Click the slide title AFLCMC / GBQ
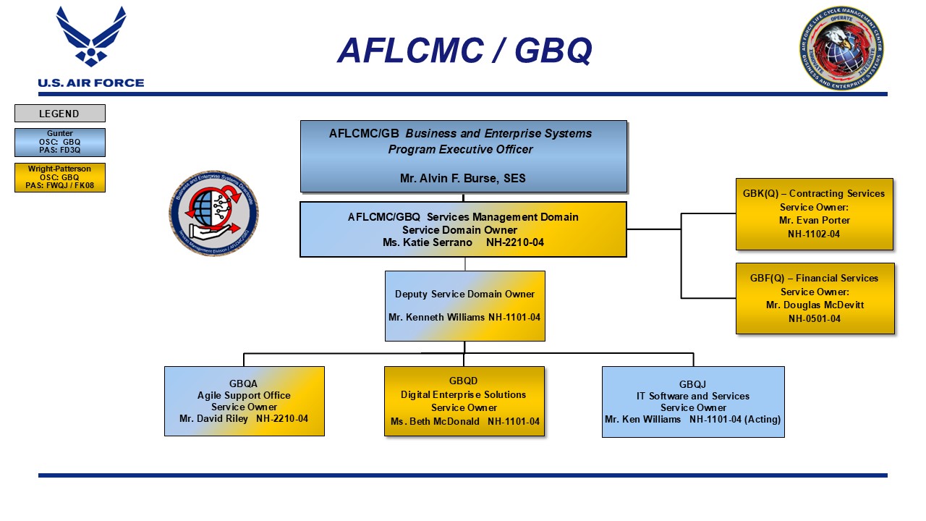pos(464,51)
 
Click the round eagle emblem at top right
pos(841,48)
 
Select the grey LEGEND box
pos(59,114)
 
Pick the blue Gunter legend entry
pos(59,143)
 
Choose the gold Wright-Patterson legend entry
pos(59,177)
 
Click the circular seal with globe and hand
pos(213,213)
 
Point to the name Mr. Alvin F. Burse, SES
pos(463,178)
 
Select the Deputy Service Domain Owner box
pos(464,305)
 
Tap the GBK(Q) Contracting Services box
pos(814,213)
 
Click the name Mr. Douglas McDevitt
pos(815,305)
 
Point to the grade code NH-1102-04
pos(814,234)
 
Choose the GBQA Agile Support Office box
pos(244,401)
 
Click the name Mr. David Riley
pos(213,418)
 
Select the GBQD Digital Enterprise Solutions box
pos(464,401)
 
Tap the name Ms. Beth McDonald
pos(435,421)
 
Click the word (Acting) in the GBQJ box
pos(761,419)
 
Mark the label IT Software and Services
pos(692,396)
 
